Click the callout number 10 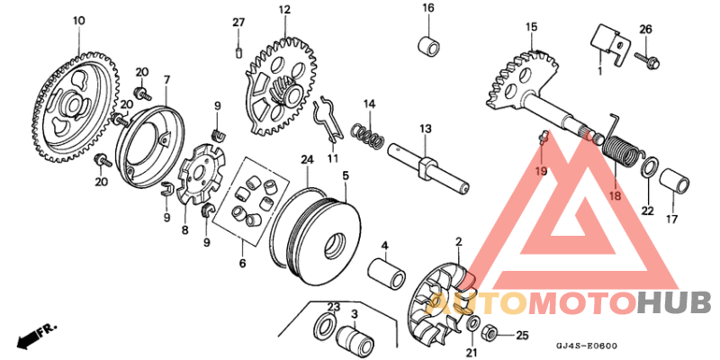point(78,20)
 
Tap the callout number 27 point(238,22)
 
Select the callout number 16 point(428,8)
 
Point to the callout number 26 point(645,29)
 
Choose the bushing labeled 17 point(677,183)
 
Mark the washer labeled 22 point(646,168)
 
